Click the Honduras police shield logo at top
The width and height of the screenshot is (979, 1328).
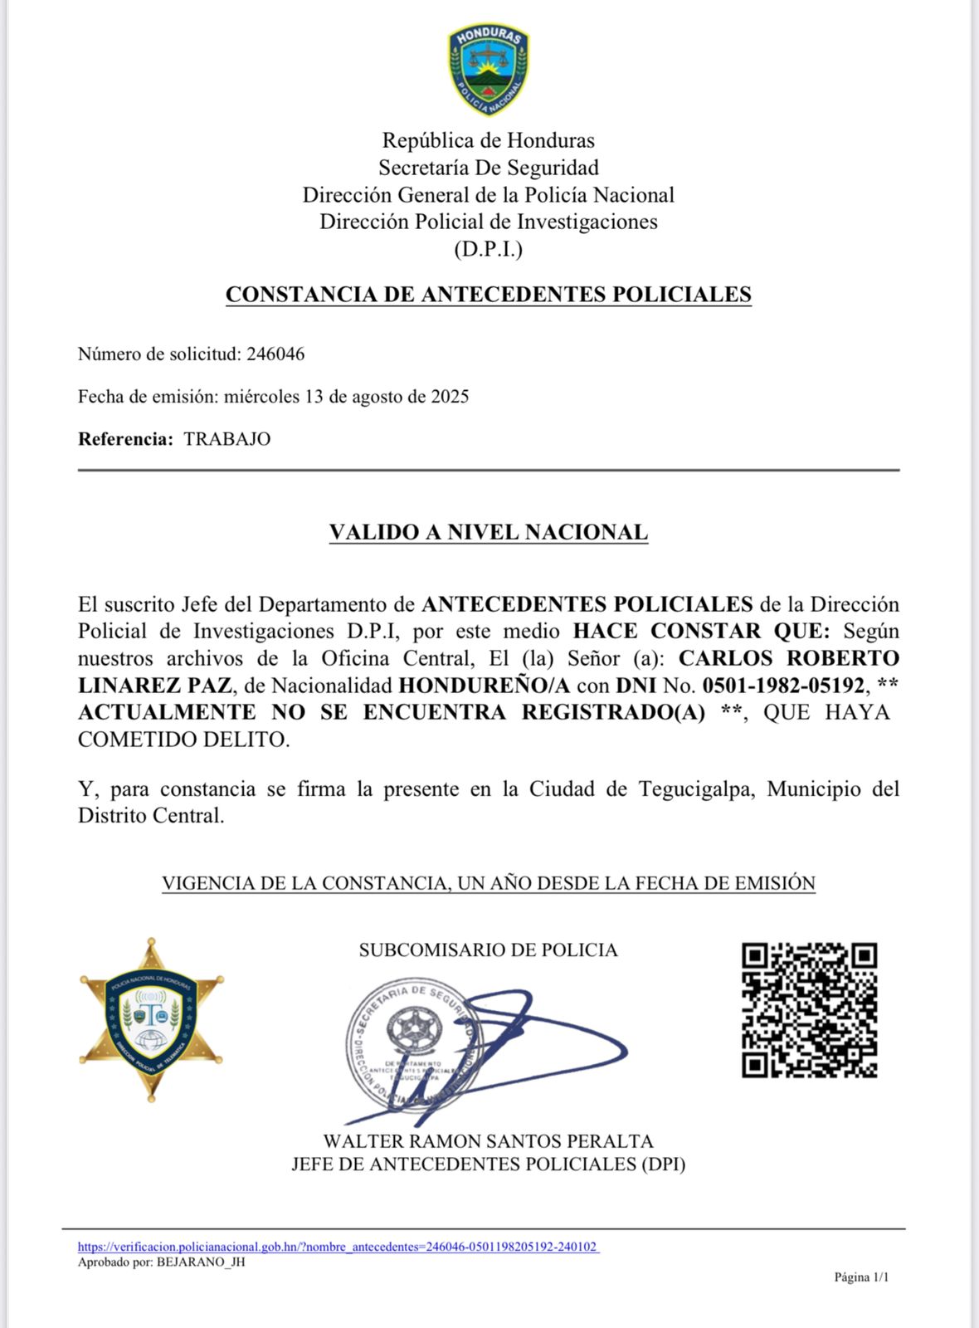tap(489, 69)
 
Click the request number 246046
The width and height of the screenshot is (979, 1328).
tap(275, 354)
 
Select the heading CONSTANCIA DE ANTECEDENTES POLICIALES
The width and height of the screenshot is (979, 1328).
tap(489, 295)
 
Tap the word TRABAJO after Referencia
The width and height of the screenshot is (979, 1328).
tap(226, 439)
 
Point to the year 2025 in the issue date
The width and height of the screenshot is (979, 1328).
tap(450, 397)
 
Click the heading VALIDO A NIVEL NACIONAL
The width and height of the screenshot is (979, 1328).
tap(489, 532)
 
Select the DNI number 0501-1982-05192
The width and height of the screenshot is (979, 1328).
tap(783, 686)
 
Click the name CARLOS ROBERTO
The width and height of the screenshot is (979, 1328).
tap(788, 658)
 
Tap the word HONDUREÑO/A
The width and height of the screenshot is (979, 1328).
tap(484, 686)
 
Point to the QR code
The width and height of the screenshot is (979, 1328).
tap(809, 1010)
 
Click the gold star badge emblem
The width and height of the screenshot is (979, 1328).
tap(151, 1019)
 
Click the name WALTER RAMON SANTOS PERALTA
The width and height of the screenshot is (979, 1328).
tap(488, 1141)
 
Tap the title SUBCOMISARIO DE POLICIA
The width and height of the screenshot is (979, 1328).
tap(488, 950)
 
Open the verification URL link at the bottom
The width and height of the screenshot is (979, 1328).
tap(339, 1247)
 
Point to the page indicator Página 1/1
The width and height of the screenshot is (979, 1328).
tap(861, 1277)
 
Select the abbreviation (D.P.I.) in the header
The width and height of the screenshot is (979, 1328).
tap(488, 249)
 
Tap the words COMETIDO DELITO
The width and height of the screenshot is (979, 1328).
tap(183, 740)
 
